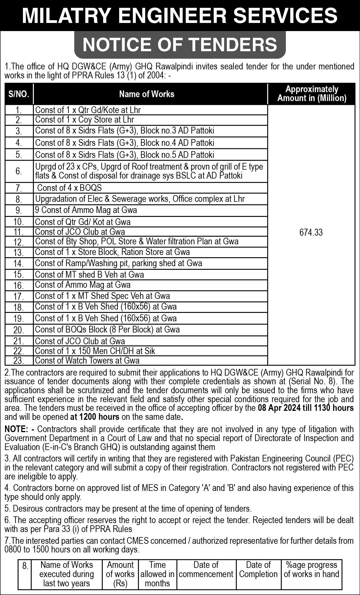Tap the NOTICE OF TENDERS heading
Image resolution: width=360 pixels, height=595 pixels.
pyautogui.click(x=180, y=44)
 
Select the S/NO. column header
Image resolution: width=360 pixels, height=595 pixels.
pyautogui.click(x=19, y=94)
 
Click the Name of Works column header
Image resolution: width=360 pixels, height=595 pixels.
pyautogui.click(x=147, y=94)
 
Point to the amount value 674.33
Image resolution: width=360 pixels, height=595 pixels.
pyautogui.click(x=311, y=233)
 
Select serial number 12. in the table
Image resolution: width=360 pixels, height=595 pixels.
pyautogui.click(x=19, y=242)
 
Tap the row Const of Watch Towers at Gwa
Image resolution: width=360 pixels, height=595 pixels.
pyautogui.click(x=87, y=360)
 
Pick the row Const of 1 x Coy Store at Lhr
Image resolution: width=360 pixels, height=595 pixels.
pyautogui.click(x=84, y=120)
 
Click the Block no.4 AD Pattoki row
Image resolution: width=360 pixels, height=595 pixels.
pyautogui.click(x=124, y=143)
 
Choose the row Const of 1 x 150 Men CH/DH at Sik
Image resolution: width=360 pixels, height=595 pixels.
pyautogui.click(x=95, y=351)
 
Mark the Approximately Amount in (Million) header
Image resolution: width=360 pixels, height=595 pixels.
pyautogui.click(x=312, y=94)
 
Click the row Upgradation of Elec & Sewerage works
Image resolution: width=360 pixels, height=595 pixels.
pyautogui.click(x=140, y=199)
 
